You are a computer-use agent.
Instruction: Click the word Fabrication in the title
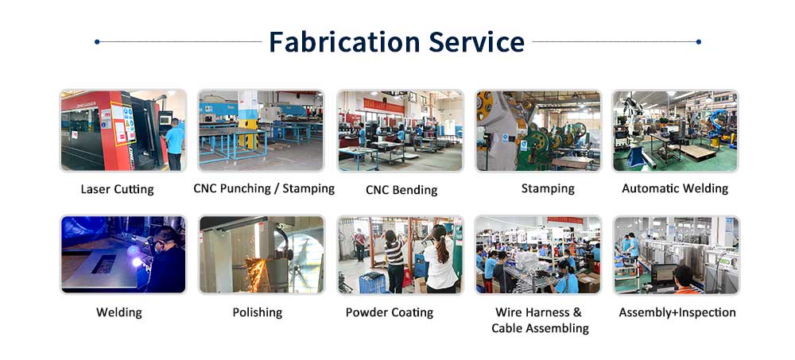345,41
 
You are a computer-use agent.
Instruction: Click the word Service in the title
476,41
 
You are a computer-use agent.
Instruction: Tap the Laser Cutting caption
117,190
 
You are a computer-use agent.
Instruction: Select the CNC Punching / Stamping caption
264,188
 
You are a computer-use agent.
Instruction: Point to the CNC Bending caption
401,190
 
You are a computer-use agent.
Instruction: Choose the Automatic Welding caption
675,188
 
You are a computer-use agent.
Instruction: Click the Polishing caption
257,312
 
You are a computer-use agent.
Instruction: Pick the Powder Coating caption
390,312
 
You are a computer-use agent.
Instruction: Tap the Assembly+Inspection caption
677,312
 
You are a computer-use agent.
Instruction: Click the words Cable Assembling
540,328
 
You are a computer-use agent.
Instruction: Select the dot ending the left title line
97,41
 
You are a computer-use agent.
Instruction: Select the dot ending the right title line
699,41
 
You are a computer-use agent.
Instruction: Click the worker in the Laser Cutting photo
174,144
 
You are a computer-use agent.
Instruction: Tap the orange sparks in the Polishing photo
258,274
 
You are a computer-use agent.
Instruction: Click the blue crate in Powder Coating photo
373,282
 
